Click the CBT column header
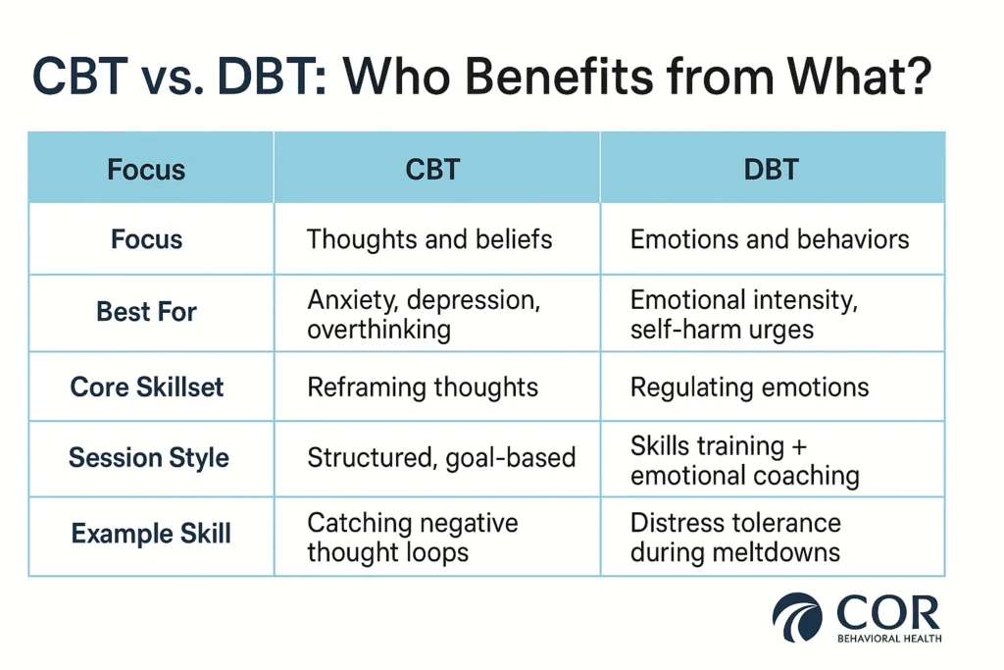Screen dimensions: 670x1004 [x=432, y=169]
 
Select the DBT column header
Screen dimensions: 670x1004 [x=770, y=169]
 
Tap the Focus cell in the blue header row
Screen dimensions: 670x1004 [x=146, y=169]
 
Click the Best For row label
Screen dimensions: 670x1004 [x=146, y=313]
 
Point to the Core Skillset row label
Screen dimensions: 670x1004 [x=147, y=387]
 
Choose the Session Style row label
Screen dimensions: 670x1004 [x=149, y=458]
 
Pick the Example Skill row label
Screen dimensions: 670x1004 [x=151, y=535]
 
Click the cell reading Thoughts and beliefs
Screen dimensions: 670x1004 [x=429, y=239]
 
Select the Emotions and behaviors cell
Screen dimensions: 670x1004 [x=770, y=239]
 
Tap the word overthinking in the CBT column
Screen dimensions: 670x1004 [x=378, y=329]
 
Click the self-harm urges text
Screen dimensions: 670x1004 [x=722, y=329]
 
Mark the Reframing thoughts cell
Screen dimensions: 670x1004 [x=423, y=387]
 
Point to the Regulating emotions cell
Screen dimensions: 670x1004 [x=749, y=387]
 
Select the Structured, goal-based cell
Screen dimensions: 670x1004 [x=441, y=457]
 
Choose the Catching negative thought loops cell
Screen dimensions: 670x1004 [x=413, y=538]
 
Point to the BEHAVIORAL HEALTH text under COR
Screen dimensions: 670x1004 [x=888, y=638]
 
